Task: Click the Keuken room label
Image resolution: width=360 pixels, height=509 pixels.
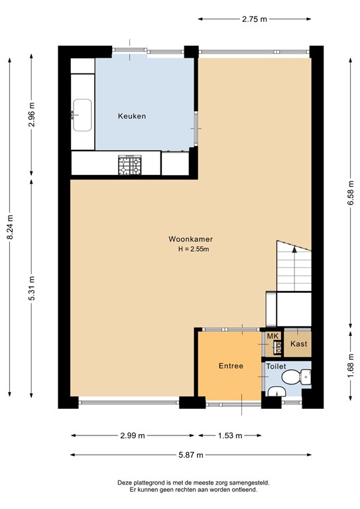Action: (132, 116)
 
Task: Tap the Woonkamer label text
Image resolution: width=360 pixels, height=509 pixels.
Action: (190, 239)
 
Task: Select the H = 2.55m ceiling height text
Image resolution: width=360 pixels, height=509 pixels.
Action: (193, 249)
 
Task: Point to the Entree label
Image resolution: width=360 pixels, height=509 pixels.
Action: (231, 366)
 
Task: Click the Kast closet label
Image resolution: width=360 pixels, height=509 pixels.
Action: (298, 344)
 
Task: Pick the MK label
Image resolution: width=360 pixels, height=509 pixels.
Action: (272, 336)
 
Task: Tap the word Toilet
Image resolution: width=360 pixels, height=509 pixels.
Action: (276, 367)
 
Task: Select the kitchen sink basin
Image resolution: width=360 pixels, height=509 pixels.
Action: (82, 115)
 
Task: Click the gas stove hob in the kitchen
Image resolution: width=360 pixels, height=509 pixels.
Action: (130, 165)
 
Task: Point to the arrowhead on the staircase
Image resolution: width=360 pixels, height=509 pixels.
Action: (294, 249)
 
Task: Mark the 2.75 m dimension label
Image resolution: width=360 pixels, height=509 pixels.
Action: (254, 19)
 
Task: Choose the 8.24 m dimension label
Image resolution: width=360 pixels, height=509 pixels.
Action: (10, 227)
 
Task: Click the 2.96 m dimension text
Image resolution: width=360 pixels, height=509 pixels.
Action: (31, 115)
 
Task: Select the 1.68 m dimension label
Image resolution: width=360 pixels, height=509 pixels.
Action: (350, 366)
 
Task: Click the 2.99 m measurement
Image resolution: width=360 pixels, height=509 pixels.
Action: (133, 435)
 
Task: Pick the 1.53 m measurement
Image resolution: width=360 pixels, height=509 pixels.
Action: (230, 435)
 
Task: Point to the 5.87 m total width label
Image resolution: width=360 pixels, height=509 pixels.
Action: (191, 455)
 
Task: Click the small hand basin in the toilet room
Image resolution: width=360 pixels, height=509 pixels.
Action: (276, 392)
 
